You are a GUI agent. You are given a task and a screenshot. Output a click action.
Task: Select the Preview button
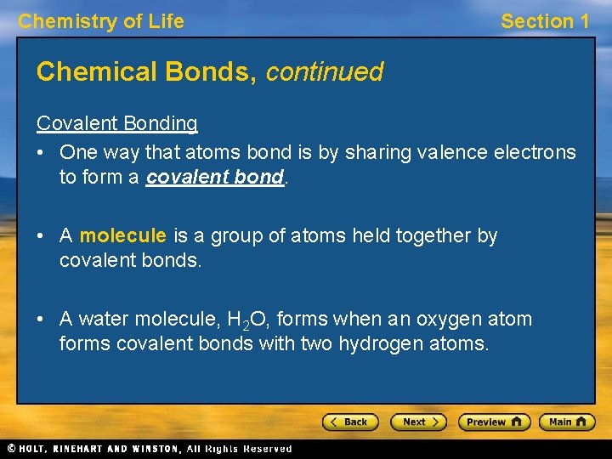494,422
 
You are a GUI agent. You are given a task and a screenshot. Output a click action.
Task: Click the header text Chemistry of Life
101,22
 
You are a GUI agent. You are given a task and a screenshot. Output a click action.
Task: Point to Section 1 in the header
545,22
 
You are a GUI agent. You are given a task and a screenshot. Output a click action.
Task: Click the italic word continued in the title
325,72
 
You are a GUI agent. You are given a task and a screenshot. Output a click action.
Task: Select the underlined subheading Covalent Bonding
117,123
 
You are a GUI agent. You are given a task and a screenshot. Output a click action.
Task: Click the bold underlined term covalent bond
215,177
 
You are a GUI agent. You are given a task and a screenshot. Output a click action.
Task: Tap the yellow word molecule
123,235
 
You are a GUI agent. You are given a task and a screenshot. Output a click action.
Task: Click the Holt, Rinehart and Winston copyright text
149,448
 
